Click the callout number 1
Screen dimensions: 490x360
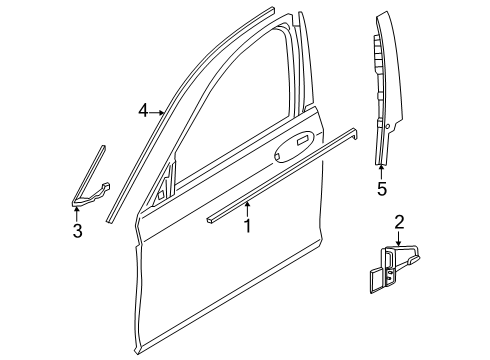coord(247,226)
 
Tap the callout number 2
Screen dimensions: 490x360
coord(399,222)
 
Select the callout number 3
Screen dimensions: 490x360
coord(77,231)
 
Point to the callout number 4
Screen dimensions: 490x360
coord(143,111)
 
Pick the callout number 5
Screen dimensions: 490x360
coord(382,189)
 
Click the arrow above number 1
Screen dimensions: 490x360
coord(247,209)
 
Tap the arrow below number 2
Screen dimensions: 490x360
coord(399,239)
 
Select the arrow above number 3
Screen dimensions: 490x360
coord(77,214)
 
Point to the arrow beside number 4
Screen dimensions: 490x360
coord(157,113)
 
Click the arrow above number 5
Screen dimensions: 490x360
coord(381,172)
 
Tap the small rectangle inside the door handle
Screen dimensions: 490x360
coord(303,140)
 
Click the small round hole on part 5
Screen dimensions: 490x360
coord(387,126)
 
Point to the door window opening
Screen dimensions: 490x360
coord(233,110)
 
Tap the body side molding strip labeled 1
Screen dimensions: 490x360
coord(282,176)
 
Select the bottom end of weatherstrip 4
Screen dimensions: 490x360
coord(111,219)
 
